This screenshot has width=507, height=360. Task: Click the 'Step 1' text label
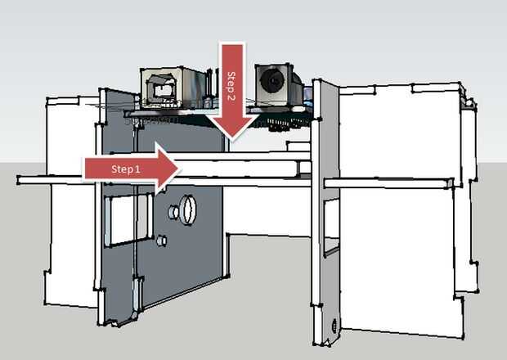126,169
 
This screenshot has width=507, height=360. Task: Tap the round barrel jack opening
271,83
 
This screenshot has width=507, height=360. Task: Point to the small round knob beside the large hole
173,213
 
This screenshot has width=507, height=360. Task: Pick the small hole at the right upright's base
333,325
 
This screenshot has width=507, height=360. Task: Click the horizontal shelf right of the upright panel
388,182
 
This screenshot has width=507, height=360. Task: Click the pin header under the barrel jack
282,122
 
